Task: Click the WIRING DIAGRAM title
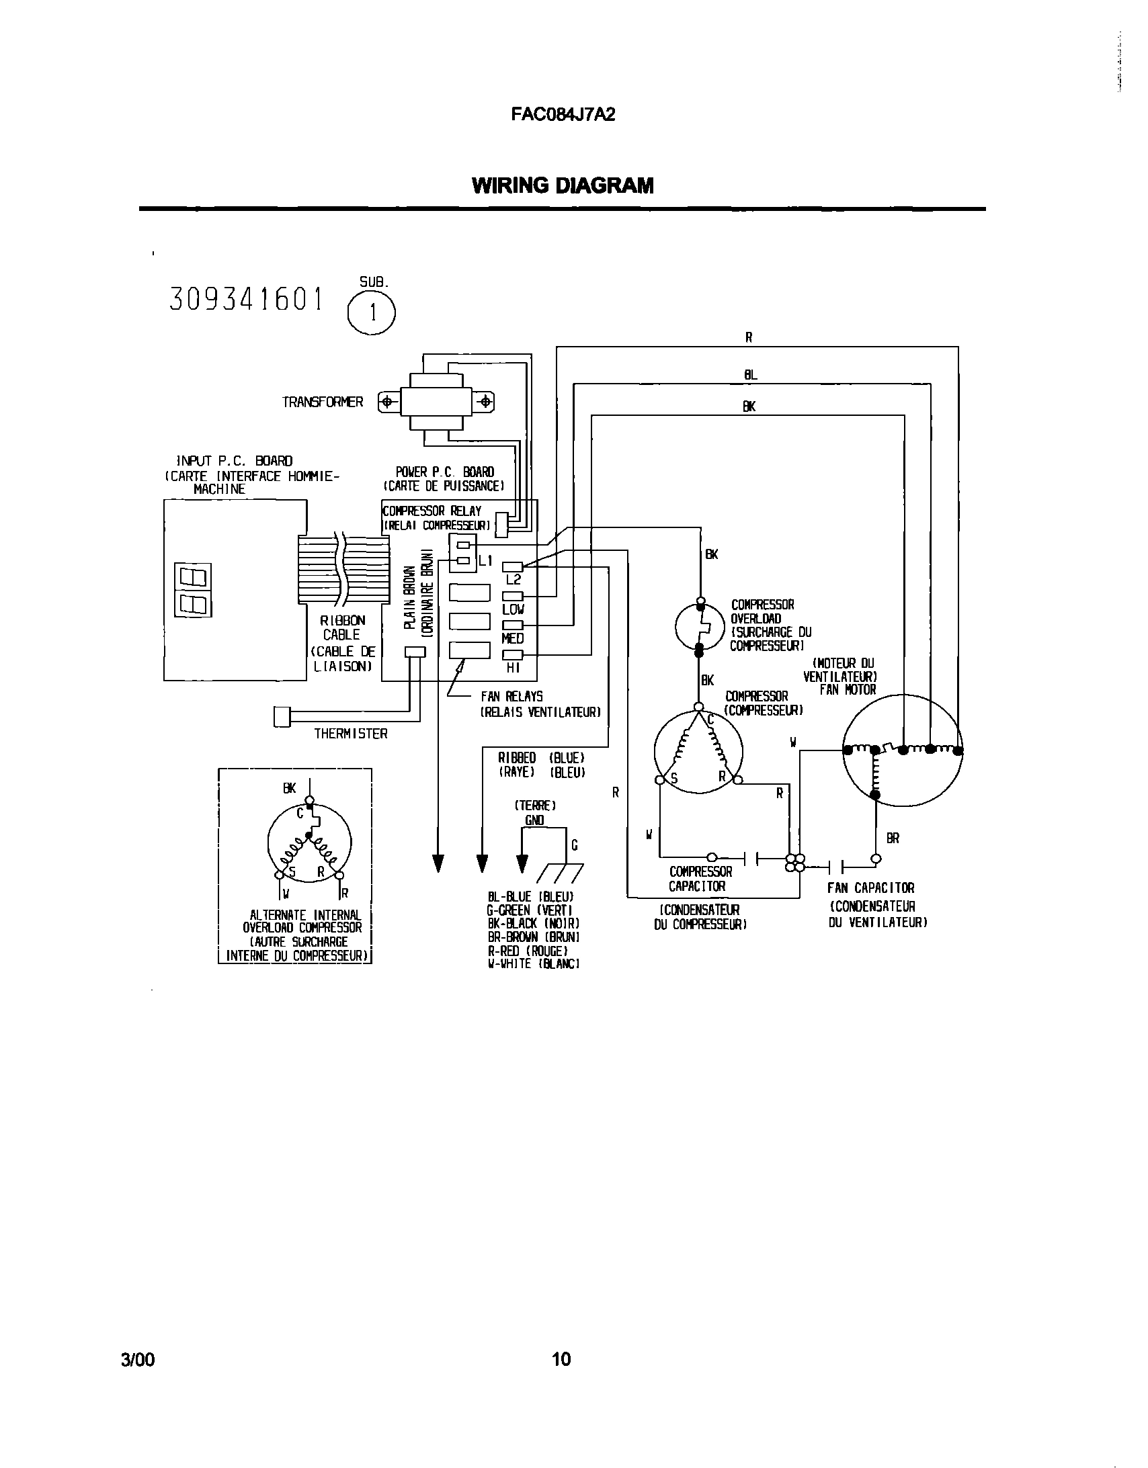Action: tap(562, 185)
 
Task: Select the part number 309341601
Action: tap(246, 299)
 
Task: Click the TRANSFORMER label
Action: tap(322, 402)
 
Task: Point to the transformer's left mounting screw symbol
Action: tap(386, 402)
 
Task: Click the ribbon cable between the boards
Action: tap(343, 570)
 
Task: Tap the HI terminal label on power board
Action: tap(513, 668)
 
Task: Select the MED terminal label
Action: tap(512, 638)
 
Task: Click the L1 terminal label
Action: tap(485, 560)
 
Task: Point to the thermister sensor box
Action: tap(282, 716)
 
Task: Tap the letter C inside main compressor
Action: tap(709, 720)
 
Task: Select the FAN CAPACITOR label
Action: tap(870, 888)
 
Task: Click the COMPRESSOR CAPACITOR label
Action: tap(700, 879)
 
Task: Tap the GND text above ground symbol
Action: tap(534, 820)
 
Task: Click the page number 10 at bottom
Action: tap(561, 1359)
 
